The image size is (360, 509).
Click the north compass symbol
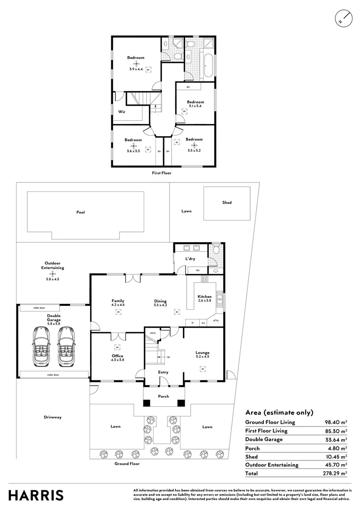[x=343, y=18]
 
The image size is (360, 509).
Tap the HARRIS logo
[x=36, y=495]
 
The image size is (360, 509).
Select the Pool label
[x=81, y=212]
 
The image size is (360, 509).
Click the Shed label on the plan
[x=227, y=203]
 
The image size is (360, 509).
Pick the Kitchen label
[x=205, y=296]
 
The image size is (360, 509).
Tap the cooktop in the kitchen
[x=205, y=279]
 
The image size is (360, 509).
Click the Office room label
[x=117, y=356]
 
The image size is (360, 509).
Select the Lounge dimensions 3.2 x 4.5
[x=203, y=357]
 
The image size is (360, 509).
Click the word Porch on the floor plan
[x=164, y=396]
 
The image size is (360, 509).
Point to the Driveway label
[x=53, y=417]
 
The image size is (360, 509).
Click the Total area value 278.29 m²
[x=337, y=473]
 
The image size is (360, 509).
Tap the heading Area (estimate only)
[x=279, y=412]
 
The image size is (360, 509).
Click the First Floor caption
[x=162, y=173]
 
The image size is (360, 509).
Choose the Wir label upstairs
[x=122, y=112]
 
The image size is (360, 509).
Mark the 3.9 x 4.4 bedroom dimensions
[x=136, y=69]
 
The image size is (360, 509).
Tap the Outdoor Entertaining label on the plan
[x=52, y=265]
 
